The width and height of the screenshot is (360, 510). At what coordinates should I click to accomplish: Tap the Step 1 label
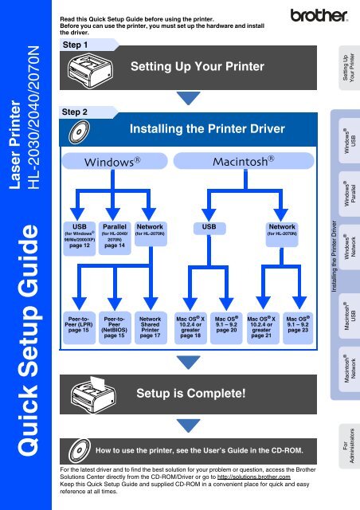coord(77,45)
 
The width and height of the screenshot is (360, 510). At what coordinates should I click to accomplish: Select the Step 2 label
coord(77,112)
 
